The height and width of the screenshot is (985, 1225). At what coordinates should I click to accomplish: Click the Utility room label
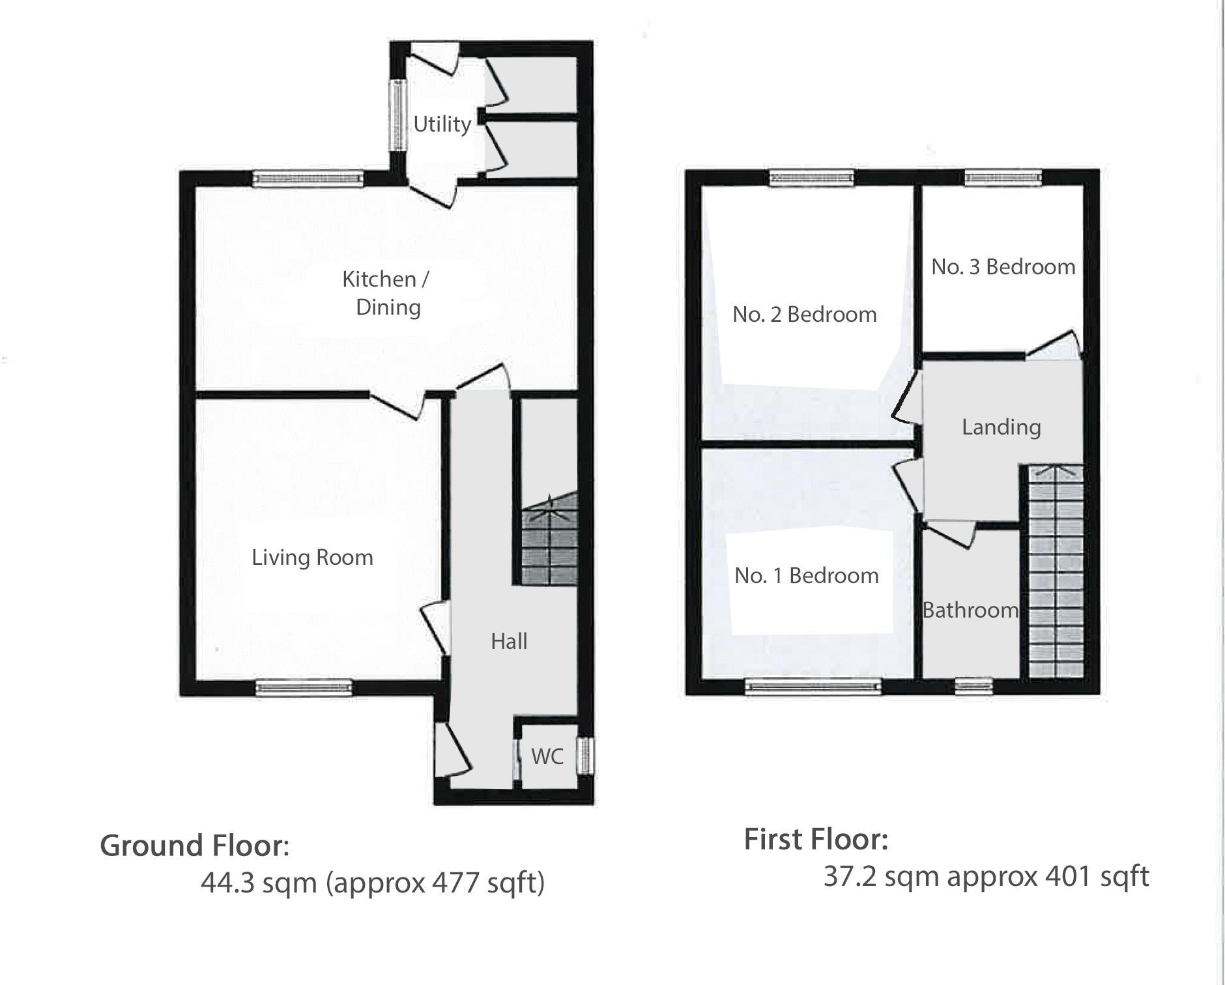442,124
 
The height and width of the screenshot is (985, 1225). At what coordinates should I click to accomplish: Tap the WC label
547,756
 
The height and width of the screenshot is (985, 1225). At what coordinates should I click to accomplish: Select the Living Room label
312,558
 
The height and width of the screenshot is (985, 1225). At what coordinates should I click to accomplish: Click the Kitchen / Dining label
386,293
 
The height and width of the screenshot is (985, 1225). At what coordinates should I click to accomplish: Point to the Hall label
509,642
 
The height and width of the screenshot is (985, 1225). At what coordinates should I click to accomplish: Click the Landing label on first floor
1001,427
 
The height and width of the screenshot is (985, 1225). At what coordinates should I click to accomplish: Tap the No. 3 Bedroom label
1003,266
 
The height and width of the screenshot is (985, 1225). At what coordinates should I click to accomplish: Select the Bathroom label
970,610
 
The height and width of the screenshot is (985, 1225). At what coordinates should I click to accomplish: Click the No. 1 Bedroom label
806,576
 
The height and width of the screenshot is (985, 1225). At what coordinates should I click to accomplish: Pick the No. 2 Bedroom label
804,315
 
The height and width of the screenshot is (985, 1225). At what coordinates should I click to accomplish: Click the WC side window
587,756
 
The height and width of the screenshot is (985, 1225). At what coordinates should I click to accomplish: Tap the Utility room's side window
396,115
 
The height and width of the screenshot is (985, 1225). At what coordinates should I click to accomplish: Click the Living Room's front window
304,688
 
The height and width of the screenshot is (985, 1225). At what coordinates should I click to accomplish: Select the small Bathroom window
974,685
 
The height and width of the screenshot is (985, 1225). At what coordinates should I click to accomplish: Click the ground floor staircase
549,541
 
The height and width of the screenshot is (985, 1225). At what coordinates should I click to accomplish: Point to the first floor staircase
1055,573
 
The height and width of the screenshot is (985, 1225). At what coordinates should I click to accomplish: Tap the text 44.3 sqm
259,883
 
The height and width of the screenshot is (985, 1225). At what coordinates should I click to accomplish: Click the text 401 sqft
1097,877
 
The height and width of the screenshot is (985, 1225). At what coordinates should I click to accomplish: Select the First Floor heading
816,840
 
